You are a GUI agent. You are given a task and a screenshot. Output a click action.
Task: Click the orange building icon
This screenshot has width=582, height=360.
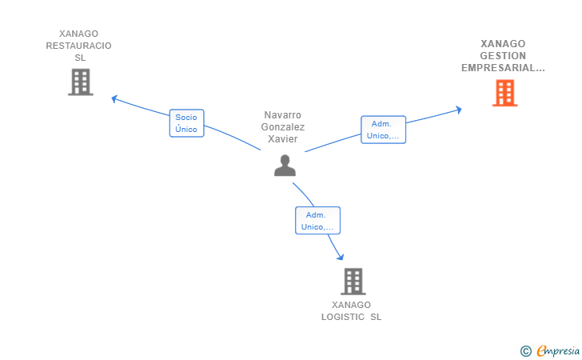click(x=504, y=93)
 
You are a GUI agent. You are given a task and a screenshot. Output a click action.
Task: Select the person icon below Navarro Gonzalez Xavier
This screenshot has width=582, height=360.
click(x=285, y=166)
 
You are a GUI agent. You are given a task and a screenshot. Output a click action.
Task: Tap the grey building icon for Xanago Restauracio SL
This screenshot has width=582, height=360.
click(x=81, y=82)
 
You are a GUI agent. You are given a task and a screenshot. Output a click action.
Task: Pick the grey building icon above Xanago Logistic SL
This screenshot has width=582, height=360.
click(x=353, y=282)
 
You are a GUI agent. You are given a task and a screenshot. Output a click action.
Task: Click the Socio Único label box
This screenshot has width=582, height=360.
click(x=187, y=123)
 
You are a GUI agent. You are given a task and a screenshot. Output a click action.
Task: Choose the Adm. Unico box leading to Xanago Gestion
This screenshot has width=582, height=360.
click(x=383, y=130)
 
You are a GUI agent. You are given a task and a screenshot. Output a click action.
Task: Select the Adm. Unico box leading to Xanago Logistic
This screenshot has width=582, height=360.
click(x=317, y=220)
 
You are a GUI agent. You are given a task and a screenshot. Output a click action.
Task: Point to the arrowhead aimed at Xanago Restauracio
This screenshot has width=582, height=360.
click(x=114, y=99)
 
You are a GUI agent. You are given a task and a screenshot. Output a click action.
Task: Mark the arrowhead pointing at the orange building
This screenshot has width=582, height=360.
click(x=459, y=110)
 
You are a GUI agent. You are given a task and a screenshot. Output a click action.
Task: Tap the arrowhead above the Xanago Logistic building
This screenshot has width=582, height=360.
click(x=341, y=257)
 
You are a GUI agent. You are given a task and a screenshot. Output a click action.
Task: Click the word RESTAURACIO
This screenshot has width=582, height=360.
click(x=78, y=46)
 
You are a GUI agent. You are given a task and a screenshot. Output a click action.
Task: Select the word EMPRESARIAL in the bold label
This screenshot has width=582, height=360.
click(x=499, y=68)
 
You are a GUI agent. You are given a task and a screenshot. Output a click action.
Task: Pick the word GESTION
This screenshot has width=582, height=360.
click(x=503, y=56)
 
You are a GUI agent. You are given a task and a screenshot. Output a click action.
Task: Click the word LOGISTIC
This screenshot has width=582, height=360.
click(x=343, y=317)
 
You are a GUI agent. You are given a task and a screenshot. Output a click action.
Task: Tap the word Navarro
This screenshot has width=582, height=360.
click(x=282, y=114)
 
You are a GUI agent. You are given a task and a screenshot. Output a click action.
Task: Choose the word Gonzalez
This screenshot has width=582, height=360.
click(x=283, y=127)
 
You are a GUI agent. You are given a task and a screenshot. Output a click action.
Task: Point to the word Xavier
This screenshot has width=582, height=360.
click(x=283, y=139)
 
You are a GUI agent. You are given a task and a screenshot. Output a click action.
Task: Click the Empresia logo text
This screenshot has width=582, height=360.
click(x=558, y=350)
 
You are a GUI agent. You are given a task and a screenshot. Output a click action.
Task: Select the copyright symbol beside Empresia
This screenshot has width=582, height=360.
click(x=526, y=351)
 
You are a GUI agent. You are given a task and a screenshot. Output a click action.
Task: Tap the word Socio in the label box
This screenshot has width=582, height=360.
click(x=186, y=118)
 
